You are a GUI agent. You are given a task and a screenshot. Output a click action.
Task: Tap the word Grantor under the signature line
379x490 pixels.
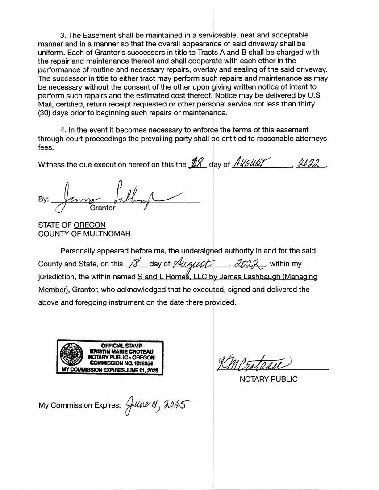(103, 208)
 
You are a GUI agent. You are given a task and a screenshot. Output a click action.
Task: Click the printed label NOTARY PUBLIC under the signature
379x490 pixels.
(268, 380)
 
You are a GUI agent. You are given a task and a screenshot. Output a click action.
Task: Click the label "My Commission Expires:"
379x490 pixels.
(79, 406)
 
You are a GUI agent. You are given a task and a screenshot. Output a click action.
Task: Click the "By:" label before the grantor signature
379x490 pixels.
(43, 199)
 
